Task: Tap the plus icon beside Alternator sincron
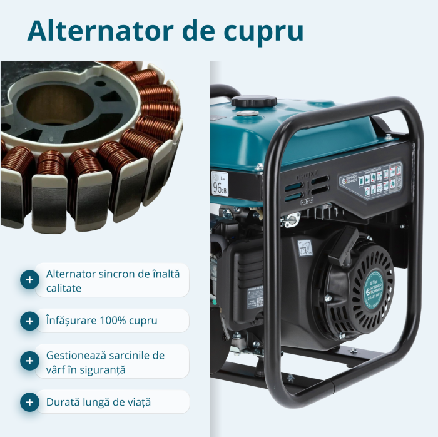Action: pos(29,280)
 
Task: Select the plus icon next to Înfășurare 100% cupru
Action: pos(29,321)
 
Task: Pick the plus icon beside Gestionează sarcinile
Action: pos(29,361)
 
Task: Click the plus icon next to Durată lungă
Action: pos(29,402)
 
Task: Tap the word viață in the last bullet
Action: pos(137,402)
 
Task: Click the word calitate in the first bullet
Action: pos(63,288)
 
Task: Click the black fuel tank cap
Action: pos(253,101)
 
